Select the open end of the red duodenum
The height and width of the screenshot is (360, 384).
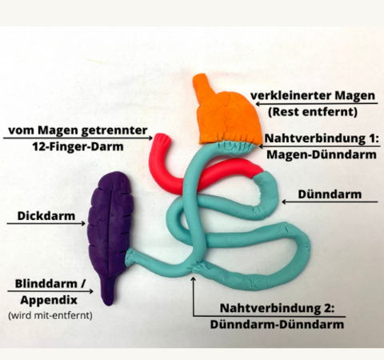tap(161, 138)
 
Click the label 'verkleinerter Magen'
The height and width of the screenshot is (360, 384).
tap(313, 95)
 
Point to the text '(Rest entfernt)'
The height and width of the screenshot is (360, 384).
tap(313, 111)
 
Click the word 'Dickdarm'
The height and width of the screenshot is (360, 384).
tap(46, 216)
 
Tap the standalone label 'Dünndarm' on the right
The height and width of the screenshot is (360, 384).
tap(330, 194)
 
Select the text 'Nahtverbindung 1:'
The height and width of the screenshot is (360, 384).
tap(322, 138)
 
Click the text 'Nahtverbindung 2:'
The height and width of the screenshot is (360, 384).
tap(277, 308)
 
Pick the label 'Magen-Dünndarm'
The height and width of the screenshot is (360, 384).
tap(322, 154)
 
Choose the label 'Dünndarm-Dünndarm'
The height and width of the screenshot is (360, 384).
tap(277, 324)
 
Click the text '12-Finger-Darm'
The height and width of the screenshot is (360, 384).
tap(78, 146)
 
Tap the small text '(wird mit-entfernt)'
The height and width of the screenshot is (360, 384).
tap(50, 315)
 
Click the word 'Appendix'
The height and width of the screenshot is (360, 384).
tap(49, 300)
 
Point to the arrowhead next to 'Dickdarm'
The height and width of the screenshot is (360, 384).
tap(83, 223)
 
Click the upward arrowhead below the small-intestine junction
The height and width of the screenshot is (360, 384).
tap(194, 279)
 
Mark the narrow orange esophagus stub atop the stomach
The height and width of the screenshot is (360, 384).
tap(201, 84)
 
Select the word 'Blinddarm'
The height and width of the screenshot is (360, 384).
tap(46, 283)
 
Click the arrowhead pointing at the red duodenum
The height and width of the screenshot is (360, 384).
tap(150, 138)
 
